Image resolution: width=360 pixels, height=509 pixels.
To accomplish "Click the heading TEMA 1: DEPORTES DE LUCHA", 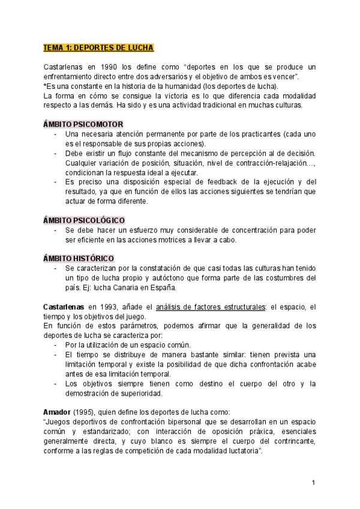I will [98, 47].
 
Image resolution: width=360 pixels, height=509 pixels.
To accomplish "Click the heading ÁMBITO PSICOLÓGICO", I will [85, 220].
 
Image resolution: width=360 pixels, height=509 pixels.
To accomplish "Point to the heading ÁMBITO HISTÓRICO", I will [79, 258].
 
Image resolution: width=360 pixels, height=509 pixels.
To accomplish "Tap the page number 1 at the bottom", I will [314, 483].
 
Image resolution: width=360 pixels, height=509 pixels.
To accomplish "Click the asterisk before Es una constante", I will [45, 86].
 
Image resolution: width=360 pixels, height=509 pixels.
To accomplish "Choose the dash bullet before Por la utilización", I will [56, 345].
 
